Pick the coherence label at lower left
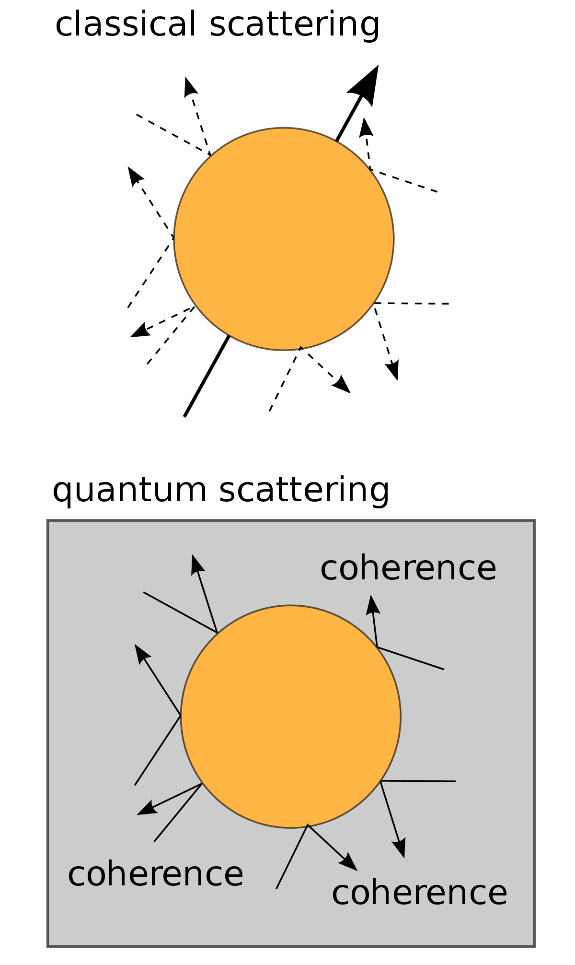[x=156, y=874]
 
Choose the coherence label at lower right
[x=419, y=893]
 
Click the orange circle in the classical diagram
[x=284, y=239]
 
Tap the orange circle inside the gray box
[x=291, y=717]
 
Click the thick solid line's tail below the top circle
[x=184, y=416]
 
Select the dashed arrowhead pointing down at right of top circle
[x=392, y=370]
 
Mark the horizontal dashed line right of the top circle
[x=411, y=303]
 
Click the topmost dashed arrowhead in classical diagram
[x=190, y=87]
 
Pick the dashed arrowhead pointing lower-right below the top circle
[x=342, y=385]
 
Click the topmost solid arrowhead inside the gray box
[x=197, y=565]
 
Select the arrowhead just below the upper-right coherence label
[x=373, y=605]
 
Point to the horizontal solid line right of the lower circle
[x=418, y=781]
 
